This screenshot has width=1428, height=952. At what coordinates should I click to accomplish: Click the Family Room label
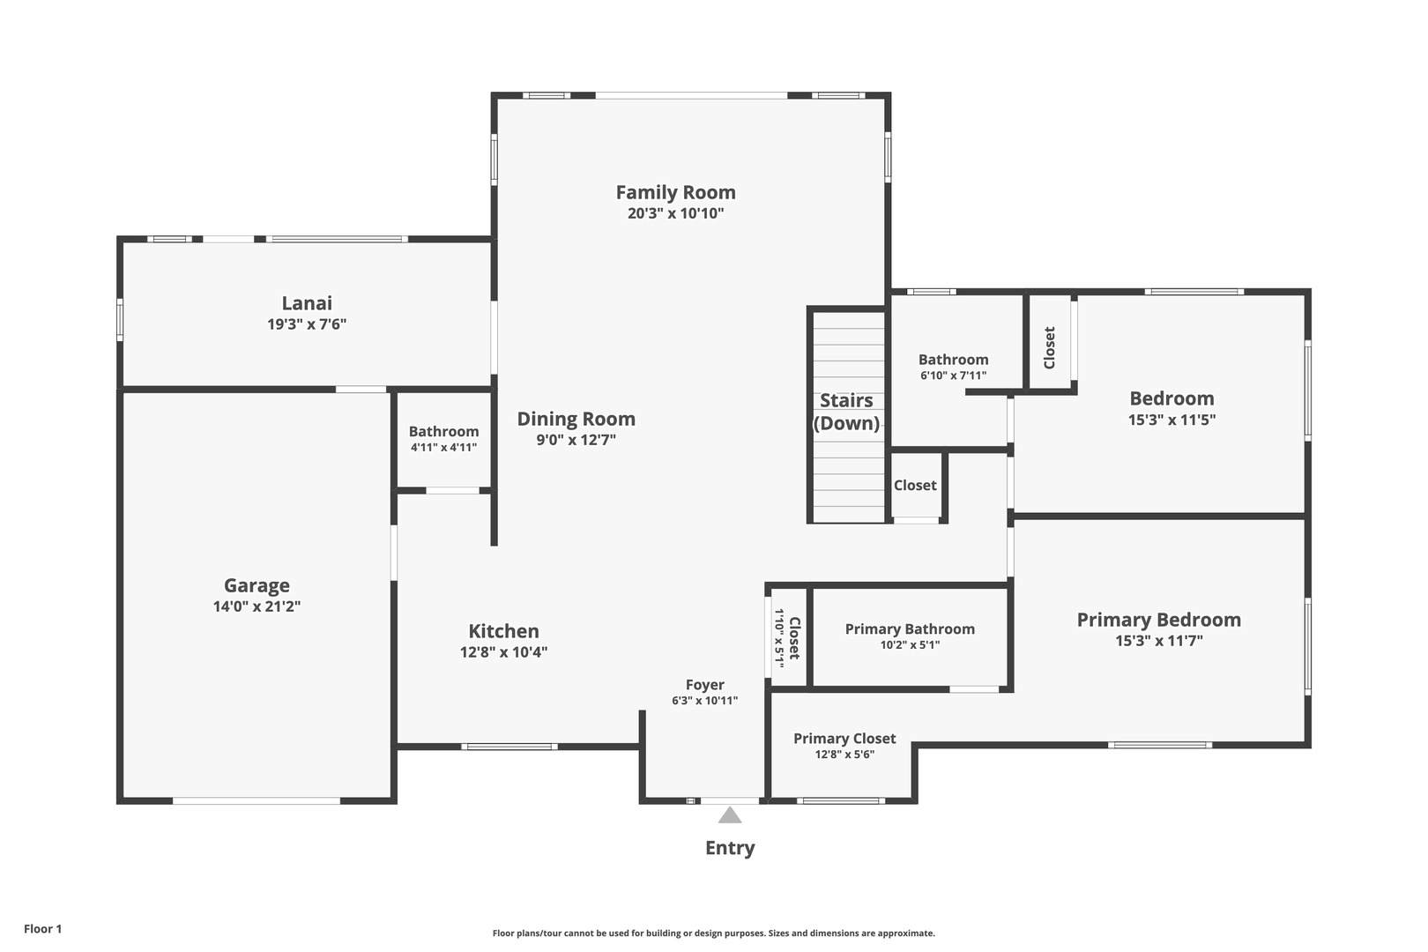675,192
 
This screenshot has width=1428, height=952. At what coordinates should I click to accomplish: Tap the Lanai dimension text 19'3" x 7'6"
307,324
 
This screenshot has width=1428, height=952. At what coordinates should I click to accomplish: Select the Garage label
257,585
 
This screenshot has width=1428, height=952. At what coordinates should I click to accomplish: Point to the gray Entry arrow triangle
730,815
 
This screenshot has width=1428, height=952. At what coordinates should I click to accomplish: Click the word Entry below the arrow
730,848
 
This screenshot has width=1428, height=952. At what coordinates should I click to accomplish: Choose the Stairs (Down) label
846,412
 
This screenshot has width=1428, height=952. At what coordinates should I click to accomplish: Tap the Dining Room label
576,419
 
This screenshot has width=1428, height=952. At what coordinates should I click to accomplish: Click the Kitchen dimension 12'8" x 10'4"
503,652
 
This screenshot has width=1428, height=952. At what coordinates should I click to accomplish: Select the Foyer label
704,685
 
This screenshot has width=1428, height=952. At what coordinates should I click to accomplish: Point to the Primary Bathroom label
910,629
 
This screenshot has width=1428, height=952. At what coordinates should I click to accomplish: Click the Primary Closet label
844,739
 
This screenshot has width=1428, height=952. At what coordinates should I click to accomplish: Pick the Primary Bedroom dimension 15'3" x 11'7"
1159,641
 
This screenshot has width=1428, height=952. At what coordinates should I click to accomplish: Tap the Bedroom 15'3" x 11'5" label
1171,408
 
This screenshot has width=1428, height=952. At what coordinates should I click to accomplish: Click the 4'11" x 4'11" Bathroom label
443,439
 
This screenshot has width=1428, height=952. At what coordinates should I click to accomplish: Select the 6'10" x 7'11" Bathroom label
953,367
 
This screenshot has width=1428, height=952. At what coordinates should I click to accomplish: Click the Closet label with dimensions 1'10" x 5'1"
786,637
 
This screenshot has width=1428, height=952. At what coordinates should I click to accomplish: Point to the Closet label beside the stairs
915,485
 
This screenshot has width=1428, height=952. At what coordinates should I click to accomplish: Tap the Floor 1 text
42,929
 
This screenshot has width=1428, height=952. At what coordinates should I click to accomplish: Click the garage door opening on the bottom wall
257,801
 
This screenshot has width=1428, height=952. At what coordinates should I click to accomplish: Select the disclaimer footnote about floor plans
713,933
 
